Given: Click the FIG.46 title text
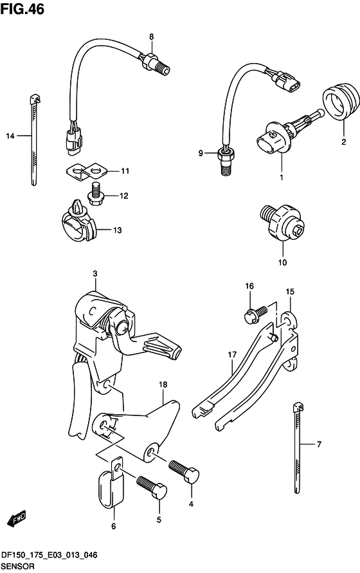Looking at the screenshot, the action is (22, 9).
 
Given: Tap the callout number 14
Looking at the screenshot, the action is (10, 136).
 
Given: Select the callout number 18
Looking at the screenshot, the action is (163, 385).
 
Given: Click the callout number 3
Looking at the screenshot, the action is (95, 274).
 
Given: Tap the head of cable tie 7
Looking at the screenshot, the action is (298, 407).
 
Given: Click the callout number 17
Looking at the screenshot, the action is (232, 354).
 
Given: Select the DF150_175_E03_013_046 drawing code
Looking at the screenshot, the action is (50, 556).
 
